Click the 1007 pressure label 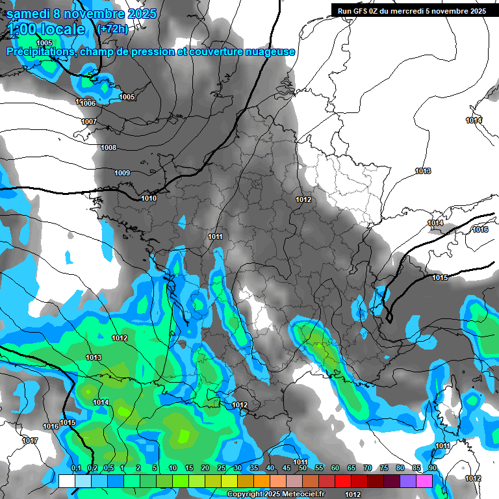[x=89, y=122]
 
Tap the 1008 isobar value [x=109, y=148]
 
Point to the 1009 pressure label [x=122, y=173]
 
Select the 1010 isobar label [x=149, y=198]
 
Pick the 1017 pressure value [x=29, y=441]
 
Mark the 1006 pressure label [x=88, y=104]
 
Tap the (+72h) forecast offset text [x=112, y=29]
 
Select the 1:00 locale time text [x=47, y=29]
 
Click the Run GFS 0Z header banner [x=411, y=10]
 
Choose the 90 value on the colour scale [x=432, y=468]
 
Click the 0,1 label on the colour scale [x=75, y=468]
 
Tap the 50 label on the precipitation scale [x=302, y=468]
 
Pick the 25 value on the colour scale [x=221, y=468]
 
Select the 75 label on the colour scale [x=383, y=468]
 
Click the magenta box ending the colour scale [x=424, y=481]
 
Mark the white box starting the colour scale [x=66, y=481]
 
